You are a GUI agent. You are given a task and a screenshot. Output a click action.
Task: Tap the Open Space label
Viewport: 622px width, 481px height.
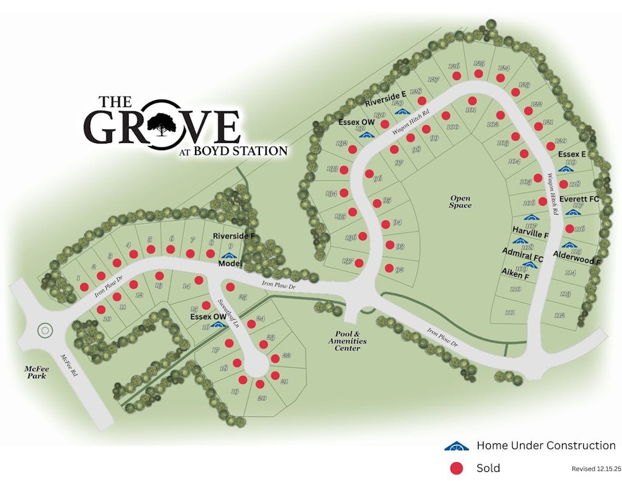pyautogui.click(x=460, y=201)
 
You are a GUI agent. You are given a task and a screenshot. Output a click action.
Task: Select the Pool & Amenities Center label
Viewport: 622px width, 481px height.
pyautogui.click(x=347, y=341)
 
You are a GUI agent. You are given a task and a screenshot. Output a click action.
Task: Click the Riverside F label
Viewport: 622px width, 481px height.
pyautogui.click(x=233, y=235)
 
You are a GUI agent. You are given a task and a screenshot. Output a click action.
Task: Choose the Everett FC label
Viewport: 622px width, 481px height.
pyautogui.click(x=579, y=199)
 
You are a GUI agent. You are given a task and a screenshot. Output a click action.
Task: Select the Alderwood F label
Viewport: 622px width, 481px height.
pyautogui.click(x=577, y=259)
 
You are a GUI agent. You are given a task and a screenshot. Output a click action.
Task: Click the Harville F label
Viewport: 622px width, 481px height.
pyautogui.click(x=530, y=234)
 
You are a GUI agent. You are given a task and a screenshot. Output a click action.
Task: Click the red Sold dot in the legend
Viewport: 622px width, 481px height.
pyautogui.click(x=457, y=468)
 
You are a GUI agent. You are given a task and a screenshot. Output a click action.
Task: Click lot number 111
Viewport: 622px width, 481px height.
pyautogui.click(x=509, y=313)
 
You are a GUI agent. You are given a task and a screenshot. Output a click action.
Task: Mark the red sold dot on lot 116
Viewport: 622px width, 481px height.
pyautogui.click(x=570, y=228)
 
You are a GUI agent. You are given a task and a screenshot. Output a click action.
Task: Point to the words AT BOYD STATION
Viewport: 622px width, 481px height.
pyautogui.click(x=233, y=150)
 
